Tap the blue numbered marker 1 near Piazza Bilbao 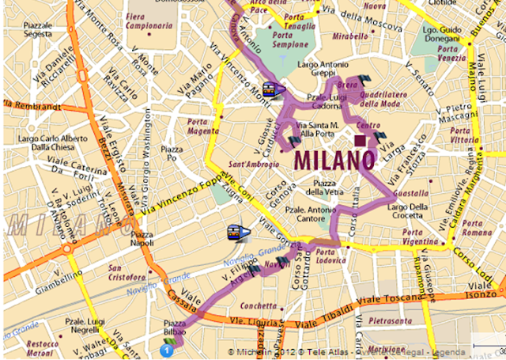coord(167,349)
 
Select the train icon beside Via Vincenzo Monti coord(270,89)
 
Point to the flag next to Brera coord(364,79)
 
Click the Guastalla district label coord(410,192)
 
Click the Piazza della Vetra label coord(319,188)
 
